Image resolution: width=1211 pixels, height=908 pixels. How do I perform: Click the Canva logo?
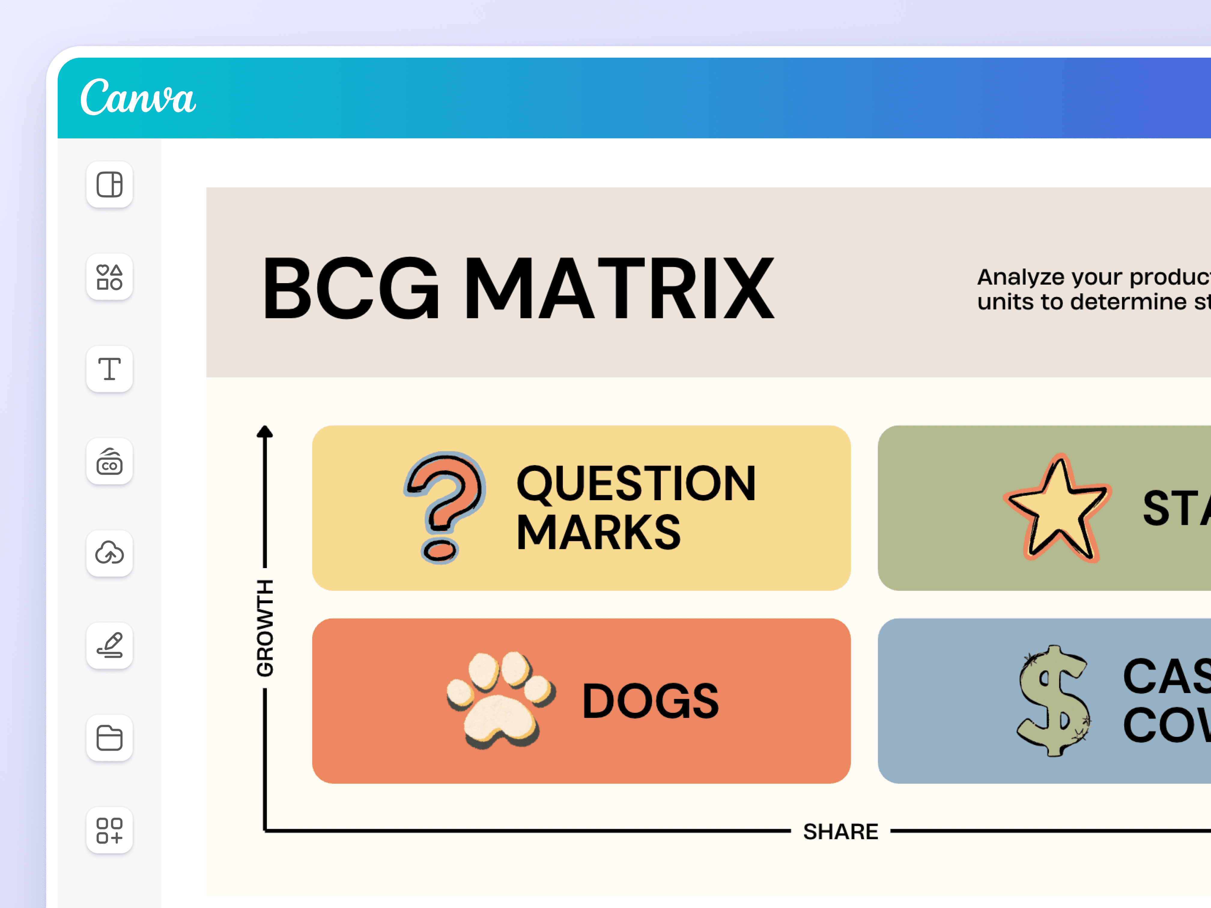[x=138, y=97]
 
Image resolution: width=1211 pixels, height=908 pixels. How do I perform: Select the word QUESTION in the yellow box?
[x=636, y=483]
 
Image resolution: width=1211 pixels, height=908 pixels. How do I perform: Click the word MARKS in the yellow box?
[x=599, y=533]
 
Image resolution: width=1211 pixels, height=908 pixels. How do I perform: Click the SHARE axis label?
[x=840, y=831]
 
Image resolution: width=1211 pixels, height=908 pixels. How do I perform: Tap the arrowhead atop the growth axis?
[x=265, y=432]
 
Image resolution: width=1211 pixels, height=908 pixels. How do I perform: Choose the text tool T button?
[x=110, y=369]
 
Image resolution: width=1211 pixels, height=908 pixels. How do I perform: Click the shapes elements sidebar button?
[x=110, y=277]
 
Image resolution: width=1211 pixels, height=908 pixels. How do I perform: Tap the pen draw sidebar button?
[x=110, y=645]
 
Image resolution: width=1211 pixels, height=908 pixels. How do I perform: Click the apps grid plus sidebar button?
[x=110, y=830]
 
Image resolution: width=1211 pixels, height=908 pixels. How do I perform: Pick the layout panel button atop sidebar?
[x=110, y=184]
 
